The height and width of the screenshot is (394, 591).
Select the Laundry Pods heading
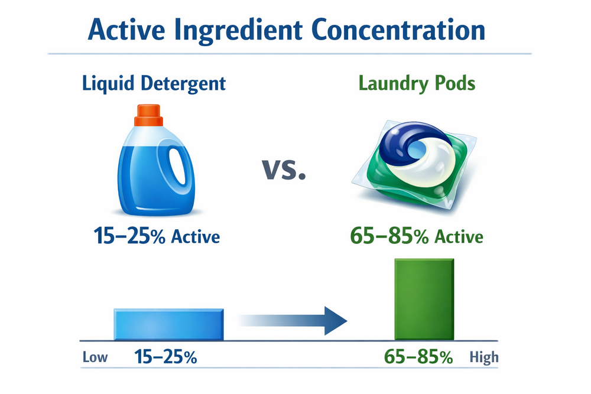417,83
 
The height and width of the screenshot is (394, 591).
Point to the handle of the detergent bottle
176,168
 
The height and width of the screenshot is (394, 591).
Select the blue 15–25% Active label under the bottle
157,236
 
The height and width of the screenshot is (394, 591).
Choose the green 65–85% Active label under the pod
416,236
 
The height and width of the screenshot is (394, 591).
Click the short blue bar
168,324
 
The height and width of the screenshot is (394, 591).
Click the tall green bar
424,299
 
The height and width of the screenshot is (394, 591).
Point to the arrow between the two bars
295,321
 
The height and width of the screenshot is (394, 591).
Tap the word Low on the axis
95,357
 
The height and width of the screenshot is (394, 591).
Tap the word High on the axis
484,357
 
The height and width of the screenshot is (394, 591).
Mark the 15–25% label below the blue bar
166,357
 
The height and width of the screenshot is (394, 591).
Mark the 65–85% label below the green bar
418,357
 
